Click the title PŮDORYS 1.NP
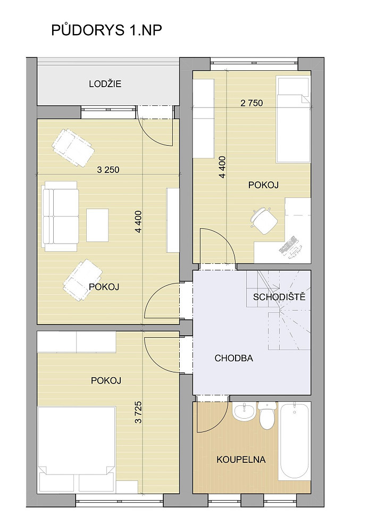click(x=106, y=30)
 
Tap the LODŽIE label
click(x=105, y=84)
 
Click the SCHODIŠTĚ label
click(x=279, y=297)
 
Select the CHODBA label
click(x=233, y=358)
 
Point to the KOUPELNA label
click(x=241, y=460)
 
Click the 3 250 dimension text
click(x=108, y=170)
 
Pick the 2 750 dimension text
click(x=252, y=103)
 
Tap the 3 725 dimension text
click(x=138, y=412)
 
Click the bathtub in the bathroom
click(x=294, y=440)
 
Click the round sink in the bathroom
click(x=244, y=412)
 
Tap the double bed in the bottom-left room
click(x=77, y=450)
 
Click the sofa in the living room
click(x=60, y=216)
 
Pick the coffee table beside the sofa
click(x=97, y=225)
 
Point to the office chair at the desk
click(x=264, y=221)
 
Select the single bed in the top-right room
click(x=294, y=120)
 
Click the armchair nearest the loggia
click(x=73, y=148)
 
